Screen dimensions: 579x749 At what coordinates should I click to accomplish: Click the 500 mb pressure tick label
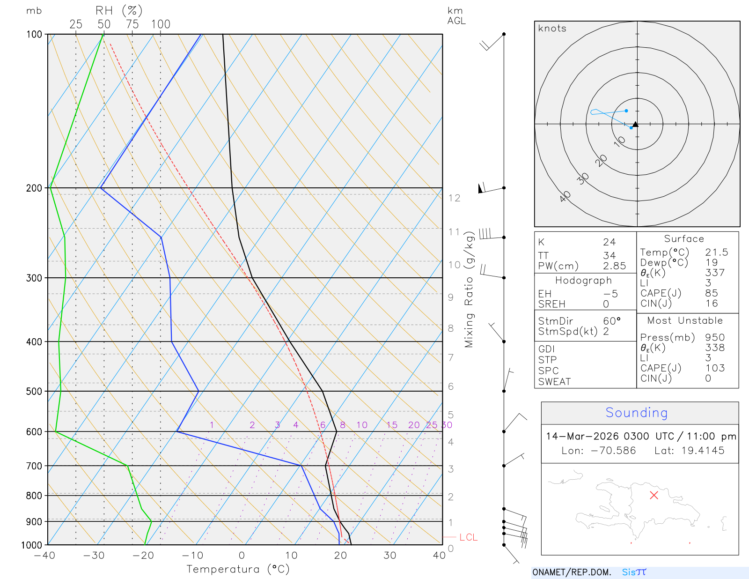34,391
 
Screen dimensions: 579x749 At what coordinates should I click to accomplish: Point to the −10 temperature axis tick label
192,556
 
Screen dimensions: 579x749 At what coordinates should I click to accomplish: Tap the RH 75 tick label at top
132,24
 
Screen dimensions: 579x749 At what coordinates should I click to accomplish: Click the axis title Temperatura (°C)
238,569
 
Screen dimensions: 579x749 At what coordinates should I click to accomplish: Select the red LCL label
468,537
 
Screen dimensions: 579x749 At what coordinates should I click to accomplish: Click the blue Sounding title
636,413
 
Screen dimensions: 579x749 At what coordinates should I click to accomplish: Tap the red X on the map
654,495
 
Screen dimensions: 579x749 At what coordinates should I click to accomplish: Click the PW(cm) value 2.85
614,266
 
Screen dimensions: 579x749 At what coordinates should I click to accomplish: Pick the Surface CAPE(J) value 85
712,293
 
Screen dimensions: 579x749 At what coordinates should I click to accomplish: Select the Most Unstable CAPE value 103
715,368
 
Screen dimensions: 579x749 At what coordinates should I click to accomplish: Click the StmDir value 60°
611,321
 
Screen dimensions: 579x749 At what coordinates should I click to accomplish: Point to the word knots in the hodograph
552,29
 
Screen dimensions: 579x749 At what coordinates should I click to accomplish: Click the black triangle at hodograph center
635,125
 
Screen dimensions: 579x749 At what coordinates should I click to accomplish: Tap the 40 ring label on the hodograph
565,196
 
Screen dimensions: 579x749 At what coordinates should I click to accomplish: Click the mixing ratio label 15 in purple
392,425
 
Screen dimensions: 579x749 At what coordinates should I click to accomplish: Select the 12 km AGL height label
454,198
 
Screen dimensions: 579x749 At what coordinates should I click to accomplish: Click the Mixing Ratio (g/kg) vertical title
469,289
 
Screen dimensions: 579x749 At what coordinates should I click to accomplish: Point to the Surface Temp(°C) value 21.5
716,252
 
